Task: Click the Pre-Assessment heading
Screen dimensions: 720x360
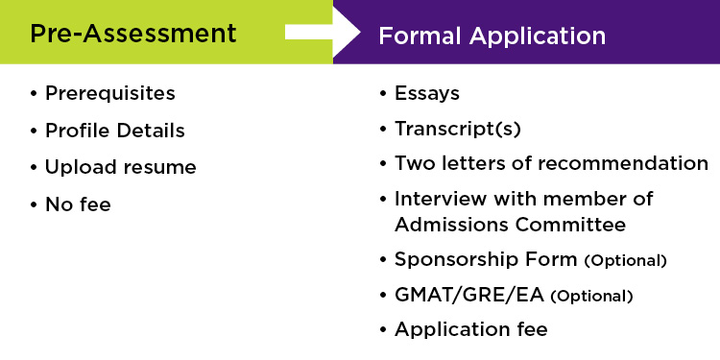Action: point(132,34)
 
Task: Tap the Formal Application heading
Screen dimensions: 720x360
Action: point(492,36)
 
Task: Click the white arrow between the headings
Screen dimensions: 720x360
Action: point(323,33)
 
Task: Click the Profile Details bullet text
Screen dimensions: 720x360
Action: point(114,131)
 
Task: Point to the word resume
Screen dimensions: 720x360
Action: point(158,167)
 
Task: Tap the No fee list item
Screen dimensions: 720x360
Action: point(78,204)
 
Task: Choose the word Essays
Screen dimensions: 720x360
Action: point(426,94)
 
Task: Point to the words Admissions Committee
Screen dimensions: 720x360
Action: point(510,225)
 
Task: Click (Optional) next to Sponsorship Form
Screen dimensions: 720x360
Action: point(625,261)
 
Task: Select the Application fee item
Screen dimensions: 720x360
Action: point(470,329)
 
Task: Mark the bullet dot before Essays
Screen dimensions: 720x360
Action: point(383,94)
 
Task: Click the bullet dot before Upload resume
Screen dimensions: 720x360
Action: point(34,167)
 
